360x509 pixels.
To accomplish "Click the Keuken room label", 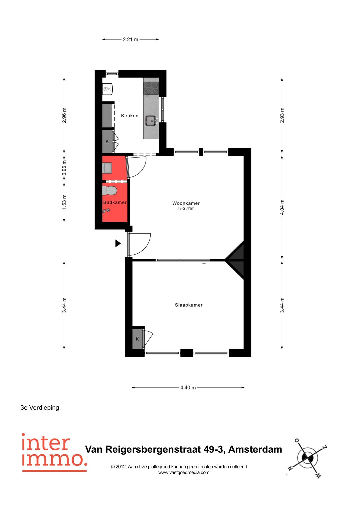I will pyautogui.click(x=130, y=116).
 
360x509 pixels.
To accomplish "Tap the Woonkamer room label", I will pyautogui.click(x=186, y=203).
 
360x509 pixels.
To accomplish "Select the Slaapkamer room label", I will pyautogui.click(x=189, y=305).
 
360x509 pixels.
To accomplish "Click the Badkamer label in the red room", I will pyautogui.click(x=115, y=202).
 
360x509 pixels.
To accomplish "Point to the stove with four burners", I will pyautogui.click(x=151, y=88).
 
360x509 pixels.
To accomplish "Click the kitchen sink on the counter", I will pyautogui.click(x=151, y=120).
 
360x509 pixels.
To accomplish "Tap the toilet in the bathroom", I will pyautogui.click(x=110, y=191).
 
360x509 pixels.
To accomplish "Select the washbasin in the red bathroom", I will pyautogui.click(x=107, y=167).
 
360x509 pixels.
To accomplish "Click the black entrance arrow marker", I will pyautogui.click(x=118, y=243).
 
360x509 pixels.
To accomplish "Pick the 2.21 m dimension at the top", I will pyautogui.click(x=130, y=39).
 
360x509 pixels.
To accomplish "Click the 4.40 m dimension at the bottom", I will pyautogui.click(x=188, y=387).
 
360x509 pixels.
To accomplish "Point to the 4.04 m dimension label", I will pyautogui.click(x=282, y=207).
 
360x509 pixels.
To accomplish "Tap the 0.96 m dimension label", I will pyautogui.click(x=64, y=168).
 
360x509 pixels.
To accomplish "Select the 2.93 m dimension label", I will pyautogui.click(x=282, y=115).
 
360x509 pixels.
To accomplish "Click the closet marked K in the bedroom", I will pyautogui.click(x=137, y=339).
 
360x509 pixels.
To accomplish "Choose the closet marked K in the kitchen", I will pyautogui.click(x=107, y=142).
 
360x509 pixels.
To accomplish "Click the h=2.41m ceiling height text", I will pyautogui.click(x=186, y=209).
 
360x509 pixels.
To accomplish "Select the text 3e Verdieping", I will pyautogui.click(x=40, y=407).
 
